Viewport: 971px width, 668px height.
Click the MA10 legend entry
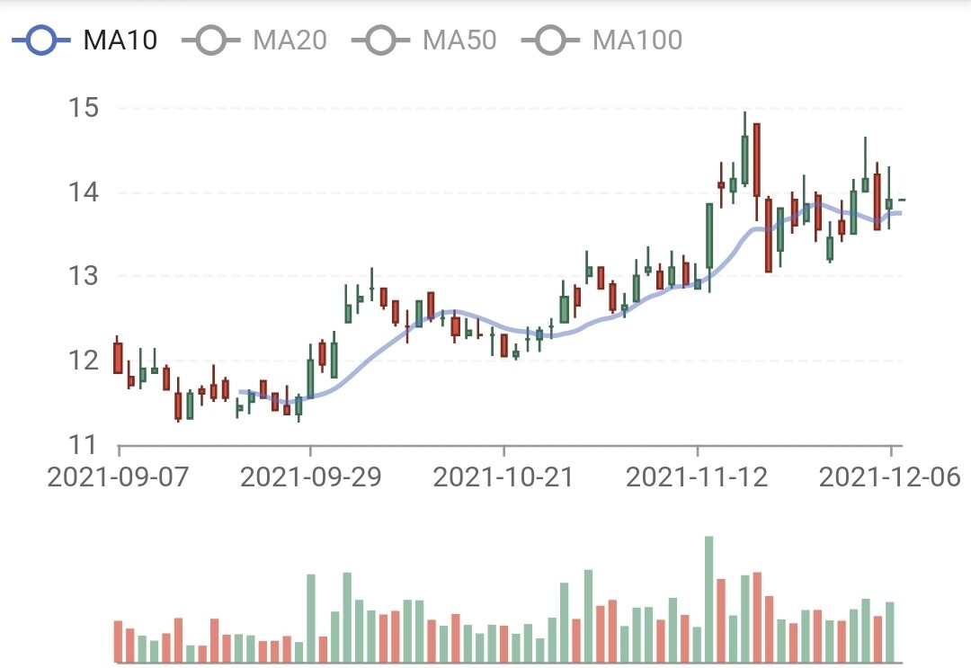85,40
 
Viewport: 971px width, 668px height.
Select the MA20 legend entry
255,40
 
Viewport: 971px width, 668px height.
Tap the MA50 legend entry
424,40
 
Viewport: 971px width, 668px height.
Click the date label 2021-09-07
118,477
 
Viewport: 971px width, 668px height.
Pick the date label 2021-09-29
310,477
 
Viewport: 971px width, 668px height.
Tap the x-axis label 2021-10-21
503,477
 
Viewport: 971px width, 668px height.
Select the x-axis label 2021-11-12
697,477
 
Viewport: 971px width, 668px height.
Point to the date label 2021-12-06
890,477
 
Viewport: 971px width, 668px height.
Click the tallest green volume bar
708,599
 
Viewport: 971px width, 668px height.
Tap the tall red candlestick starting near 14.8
757,160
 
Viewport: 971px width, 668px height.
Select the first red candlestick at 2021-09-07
118,358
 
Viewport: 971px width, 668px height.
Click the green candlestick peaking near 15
745,160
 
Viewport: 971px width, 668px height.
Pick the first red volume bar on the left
118,641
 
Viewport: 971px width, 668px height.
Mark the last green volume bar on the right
890,632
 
